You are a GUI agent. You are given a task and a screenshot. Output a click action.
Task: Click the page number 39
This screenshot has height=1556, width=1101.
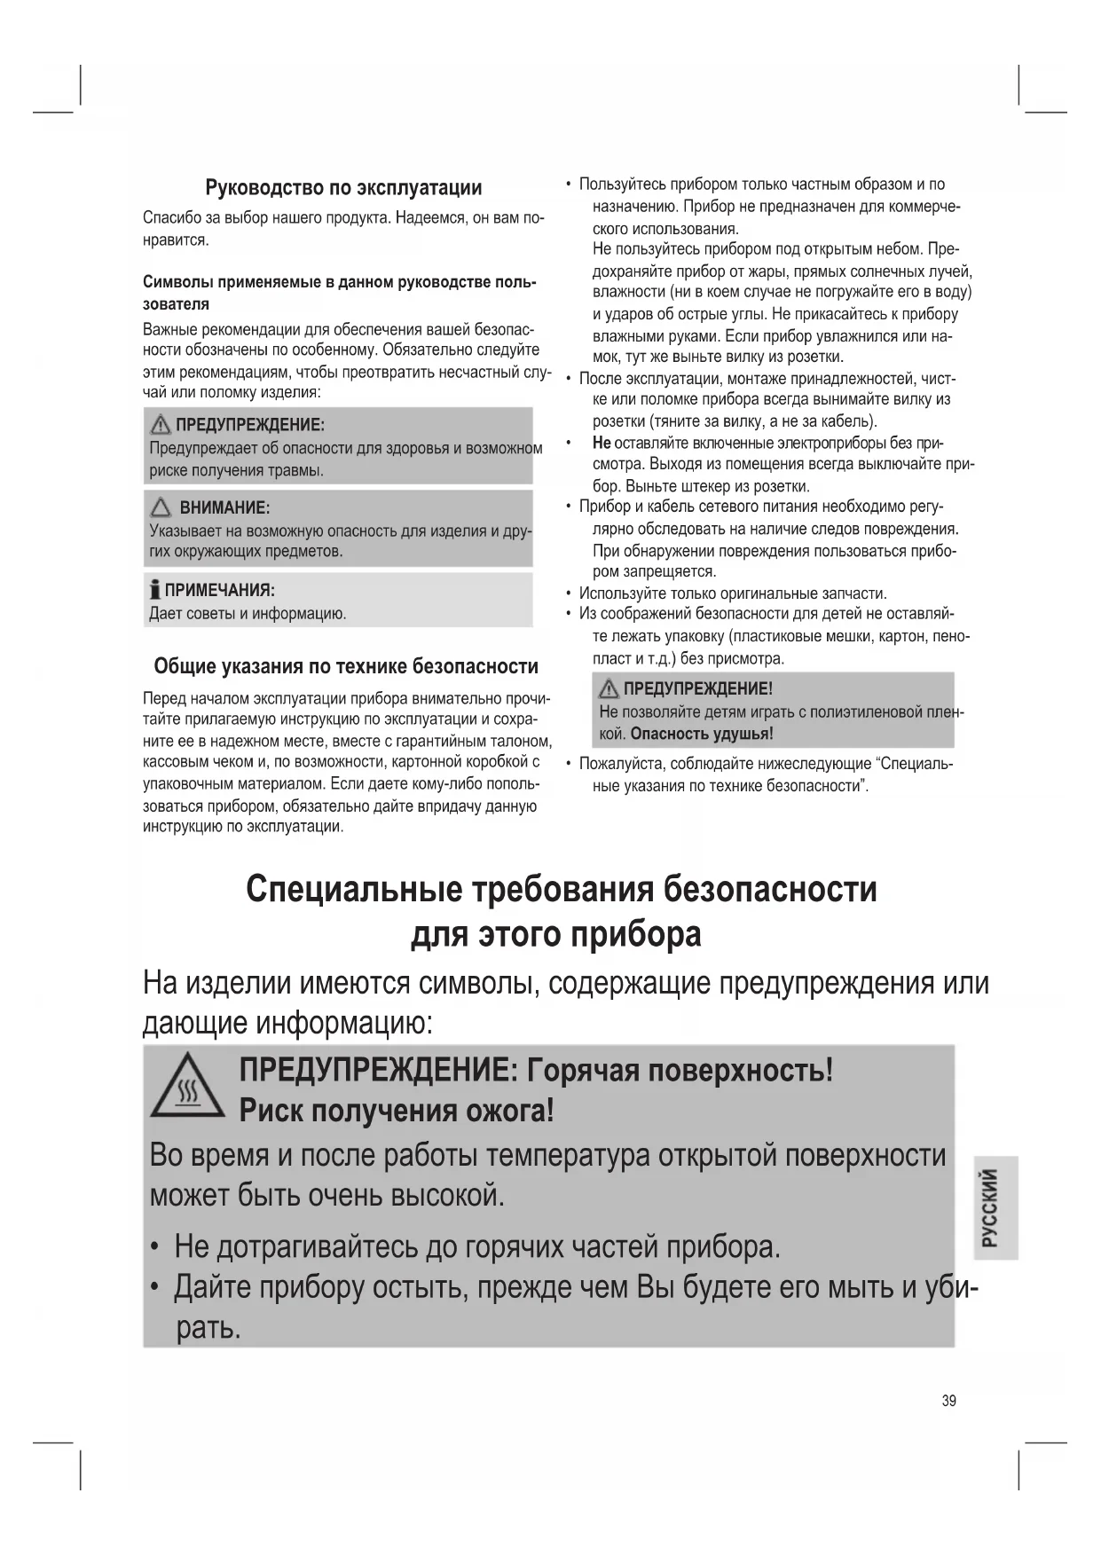point(949,1401)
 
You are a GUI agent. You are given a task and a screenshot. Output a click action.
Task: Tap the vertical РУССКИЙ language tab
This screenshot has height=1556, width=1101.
point(994,1207)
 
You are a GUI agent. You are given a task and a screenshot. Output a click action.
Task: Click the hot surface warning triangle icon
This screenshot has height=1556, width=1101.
point(187,1086)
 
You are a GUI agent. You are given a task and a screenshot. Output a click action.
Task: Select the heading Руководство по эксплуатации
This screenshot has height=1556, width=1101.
point(343,187)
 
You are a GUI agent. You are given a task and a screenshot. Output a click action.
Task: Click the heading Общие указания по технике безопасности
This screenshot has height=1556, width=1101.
point(346,666)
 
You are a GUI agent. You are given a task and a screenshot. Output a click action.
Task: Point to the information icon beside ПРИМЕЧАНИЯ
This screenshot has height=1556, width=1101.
point(155,590)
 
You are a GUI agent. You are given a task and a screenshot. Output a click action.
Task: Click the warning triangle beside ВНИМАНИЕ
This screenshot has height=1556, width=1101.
point(161,508)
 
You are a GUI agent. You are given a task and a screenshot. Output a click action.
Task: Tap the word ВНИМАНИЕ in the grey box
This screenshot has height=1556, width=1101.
point(224,508)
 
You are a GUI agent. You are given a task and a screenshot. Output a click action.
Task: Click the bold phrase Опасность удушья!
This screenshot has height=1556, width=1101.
point(702,734)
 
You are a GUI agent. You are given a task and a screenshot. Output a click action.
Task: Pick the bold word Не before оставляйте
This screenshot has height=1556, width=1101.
point(602,443)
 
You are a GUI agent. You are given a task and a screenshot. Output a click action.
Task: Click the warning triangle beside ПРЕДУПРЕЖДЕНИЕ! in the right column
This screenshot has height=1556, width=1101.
point(609,688)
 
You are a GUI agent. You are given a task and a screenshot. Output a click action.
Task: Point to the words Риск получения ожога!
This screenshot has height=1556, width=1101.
point(397,1110)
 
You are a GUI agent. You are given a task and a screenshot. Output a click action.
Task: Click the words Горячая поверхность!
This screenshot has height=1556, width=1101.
point(680,1070)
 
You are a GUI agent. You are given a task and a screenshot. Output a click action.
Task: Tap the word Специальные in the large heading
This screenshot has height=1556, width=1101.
point(353,889)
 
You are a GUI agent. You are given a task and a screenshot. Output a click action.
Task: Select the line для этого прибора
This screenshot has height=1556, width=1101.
point(555,934)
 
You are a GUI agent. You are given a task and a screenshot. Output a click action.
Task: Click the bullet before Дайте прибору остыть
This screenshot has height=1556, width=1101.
point(155,1286)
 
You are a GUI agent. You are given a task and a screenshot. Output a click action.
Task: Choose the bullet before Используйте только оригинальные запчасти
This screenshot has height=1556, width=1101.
point(568,593)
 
